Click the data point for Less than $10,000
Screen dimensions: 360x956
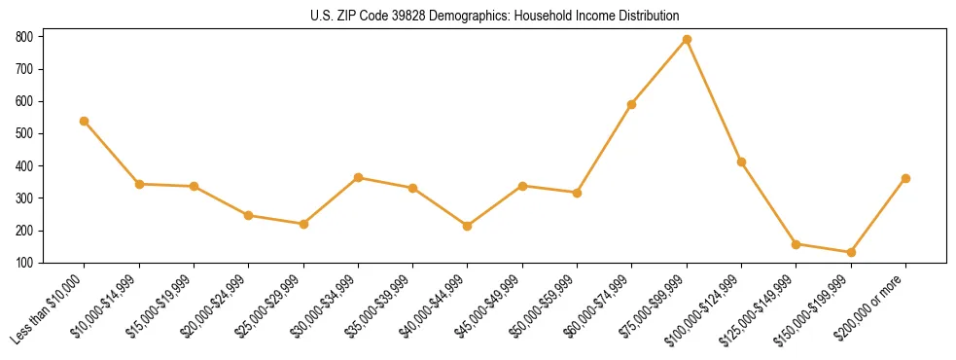[x=85, y=121]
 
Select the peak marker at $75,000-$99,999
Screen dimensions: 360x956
[x=687, y=39]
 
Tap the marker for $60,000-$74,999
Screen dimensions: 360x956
[x=632, y=104]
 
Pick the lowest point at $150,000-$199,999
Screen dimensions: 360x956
[x=851, y=252]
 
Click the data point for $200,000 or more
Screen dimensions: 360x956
[x=905, y=178]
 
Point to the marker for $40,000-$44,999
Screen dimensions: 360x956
[x=468, y=226]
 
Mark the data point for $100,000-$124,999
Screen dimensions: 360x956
[x=741, y=162]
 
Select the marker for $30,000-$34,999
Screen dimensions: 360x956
[x=358, y=177]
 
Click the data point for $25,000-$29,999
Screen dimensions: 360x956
[x=303, y=224]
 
